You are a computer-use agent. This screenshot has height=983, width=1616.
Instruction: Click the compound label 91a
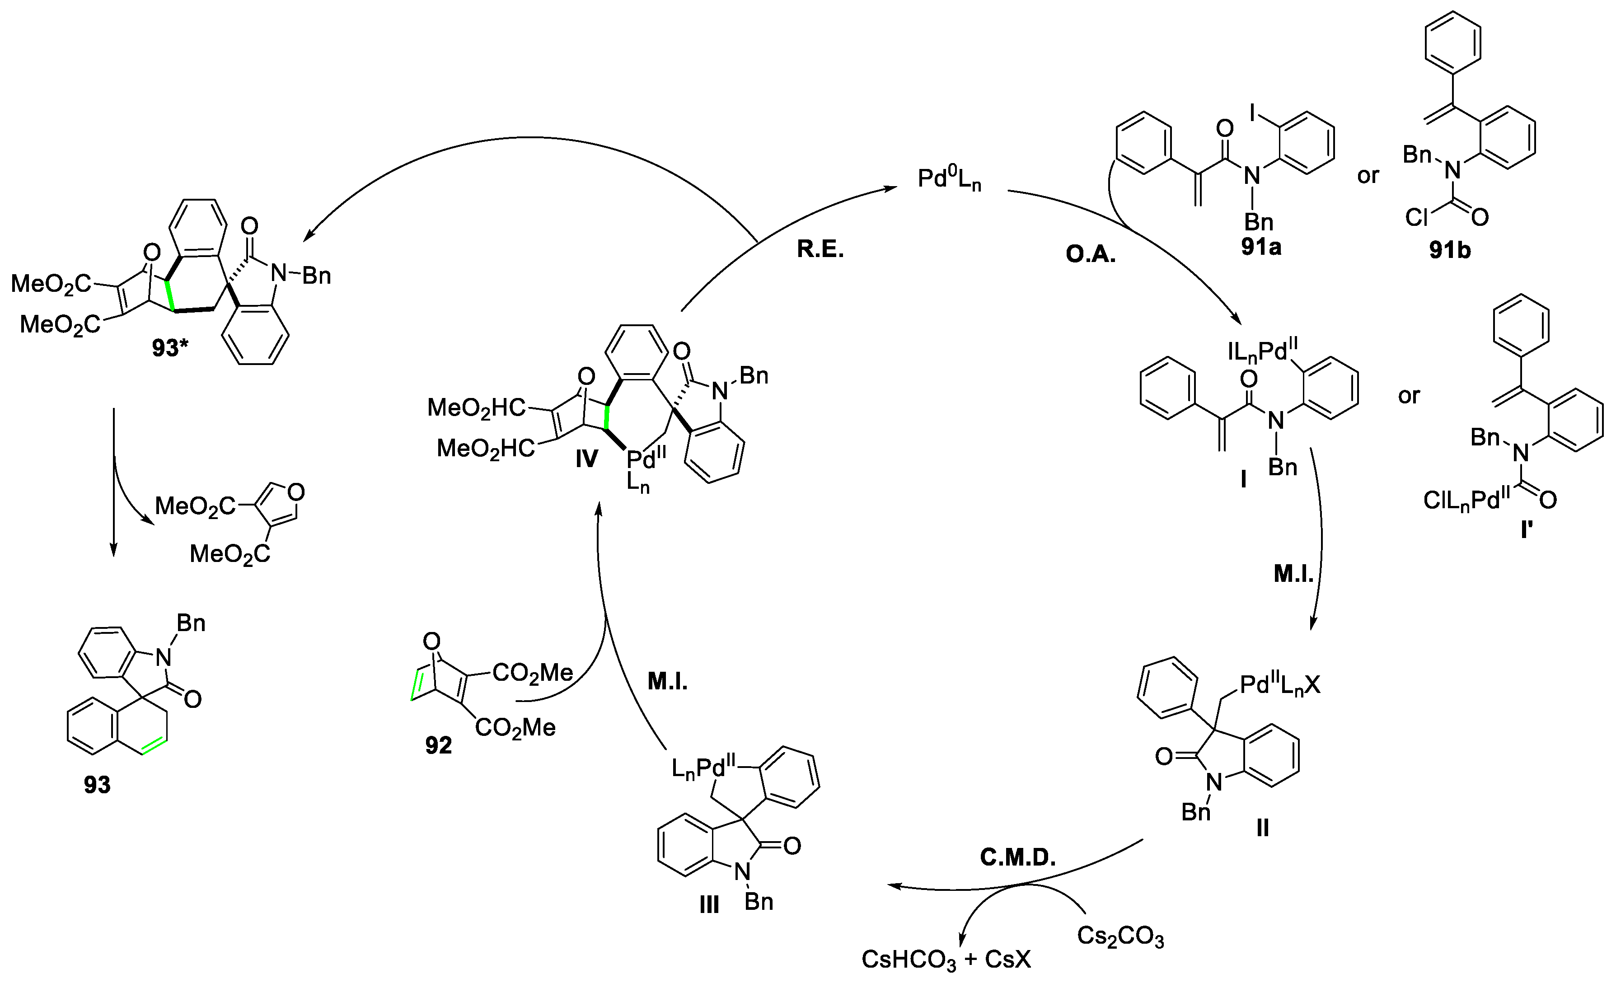1260,247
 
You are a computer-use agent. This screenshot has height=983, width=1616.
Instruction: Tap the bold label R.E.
820,250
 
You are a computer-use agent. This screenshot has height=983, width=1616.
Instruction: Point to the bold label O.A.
1091,254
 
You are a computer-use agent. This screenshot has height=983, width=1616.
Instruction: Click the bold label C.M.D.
1018,857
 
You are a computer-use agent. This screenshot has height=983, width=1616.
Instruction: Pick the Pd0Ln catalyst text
949,178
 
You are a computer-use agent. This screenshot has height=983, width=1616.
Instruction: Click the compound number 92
438,746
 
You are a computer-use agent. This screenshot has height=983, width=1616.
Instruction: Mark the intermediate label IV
586,459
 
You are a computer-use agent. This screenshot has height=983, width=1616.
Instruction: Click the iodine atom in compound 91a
1253,115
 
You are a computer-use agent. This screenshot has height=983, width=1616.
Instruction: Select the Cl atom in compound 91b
1417,217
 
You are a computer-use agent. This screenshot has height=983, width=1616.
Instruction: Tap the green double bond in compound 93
154,749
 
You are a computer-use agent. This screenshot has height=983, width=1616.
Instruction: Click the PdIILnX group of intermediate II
1279,685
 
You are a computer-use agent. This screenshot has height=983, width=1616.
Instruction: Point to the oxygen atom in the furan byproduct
296,491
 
